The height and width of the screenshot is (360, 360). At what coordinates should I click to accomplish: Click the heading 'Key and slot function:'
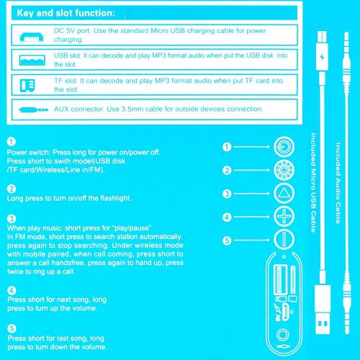click(x=66, y=14)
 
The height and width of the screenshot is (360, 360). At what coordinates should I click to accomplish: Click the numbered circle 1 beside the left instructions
click(x=10, y=143)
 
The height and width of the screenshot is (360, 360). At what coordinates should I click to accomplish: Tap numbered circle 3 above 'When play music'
click(x=10, y=217)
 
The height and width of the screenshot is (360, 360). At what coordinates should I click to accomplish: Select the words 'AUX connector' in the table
click(x=82, y=109)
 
